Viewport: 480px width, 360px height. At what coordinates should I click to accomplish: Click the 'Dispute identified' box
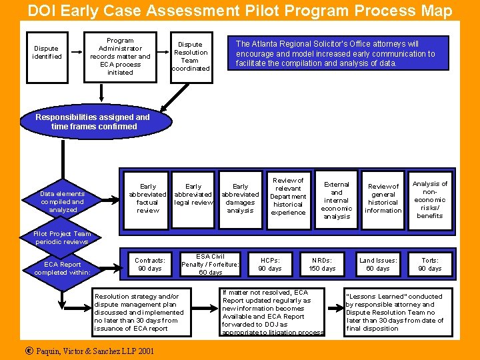(x=47, y=53)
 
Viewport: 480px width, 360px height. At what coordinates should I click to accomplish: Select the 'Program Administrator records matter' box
(x=120, y=57)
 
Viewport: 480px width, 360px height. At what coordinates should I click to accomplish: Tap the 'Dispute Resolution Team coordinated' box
(x=191, y=57)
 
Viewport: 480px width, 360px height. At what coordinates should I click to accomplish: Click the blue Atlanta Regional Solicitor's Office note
(x=335, y=53)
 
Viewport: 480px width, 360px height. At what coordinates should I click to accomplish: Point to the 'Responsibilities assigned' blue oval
(x=94, y=121)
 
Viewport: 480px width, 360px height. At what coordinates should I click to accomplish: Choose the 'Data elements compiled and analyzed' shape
(x=63, y=202)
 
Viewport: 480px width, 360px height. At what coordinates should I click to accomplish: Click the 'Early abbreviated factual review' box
(x=147, y=199)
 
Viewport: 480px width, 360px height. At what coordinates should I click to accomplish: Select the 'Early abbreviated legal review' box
(x=193, y=195)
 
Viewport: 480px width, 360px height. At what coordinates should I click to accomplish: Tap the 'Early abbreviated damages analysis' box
(x=240, y=199)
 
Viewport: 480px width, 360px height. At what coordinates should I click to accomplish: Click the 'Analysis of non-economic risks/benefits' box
(x=430, y=199)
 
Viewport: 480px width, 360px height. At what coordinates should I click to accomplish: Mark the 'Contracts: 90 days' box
(x=149, y=265)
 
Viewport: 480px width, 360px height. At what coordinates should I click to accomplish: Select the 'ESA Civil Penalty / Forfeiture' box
(x=211, y=265)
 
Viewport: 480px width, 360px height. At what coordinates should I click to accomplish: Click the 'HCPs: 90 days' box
(x=270, y=265)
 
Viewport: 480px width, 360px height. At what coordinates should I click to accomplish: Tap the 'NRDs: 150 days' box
(x=323, y=265)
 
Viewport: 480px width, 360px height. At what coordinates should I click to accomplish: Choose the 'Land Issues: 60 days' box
(x=378, y=265)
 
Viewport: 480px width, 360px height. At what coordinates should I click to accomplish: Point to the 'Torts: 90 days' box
(x=430, y=265)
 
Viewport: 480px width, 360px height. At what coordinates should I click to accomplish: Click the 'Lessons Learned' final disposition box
(x=395, y=312)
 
